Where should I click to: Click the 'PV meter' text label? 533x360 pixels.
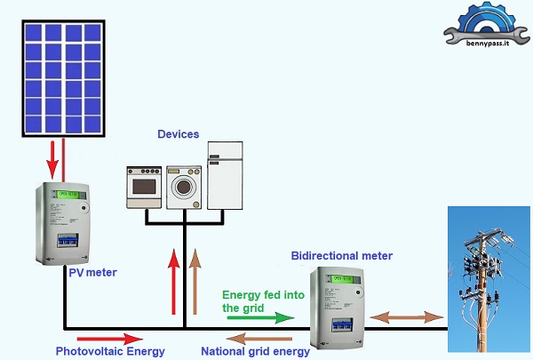92,271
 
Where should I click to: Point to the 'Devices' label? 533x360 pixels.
179,134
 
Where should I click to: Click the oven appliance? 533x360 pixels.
145,186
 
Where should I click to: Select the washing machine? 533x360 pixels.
185,186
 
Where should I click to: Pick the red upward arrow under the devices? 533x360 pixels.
173,283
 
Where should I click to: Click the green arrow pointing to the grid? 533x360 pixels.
258,317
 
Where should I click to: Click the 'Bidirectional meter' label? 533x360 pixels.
341,256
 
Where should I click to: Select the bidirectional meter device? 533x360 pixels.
338,311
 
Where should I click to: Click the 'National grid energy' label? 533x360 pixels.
255,350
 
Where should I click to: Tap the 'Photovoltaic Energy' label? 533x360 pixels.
110,351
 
